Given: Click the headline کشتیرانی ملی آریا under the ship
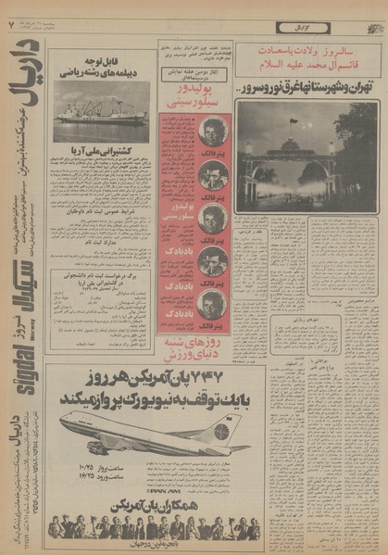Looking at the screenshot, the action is pyautogui.click(x=101, y=150).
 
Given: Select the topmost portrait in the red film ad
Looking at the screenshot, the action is pyautogui.click(x=212, y=132).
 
